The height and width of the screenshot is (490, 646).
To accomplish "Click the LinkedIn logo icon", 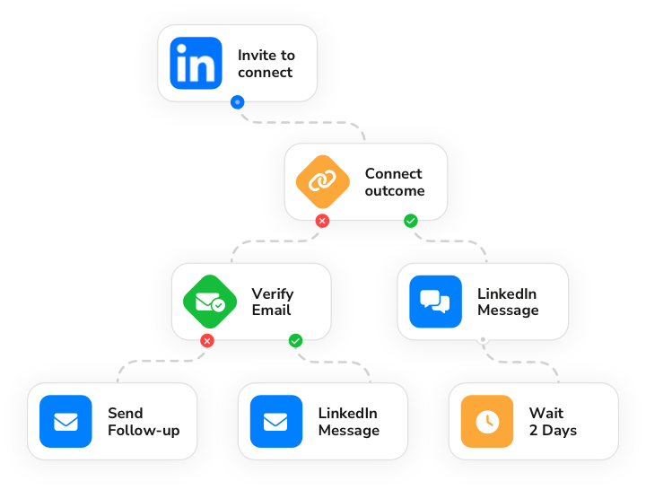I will [196, 63].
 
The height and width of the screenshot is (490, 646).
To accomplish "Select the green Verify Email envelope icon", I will [209, 301].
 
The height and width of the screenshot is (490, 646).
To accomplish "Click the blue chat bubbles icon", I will [435, 301].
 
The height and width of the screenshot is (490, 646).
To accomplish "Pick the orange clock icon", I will [486, 421].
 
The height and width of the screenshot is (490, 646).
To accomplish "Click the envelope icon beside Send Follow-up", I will [66, 421].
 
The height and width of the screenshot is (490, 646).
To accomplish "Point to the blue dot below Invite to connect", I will [237, 102].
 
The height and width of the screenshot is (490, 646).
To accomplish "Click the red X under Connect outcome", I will [322, 221].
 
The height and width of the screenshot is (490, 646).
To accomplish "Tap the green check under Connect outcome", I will [410, 221].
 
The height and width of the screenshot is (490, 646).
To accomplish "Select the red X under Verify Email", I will [207, 341].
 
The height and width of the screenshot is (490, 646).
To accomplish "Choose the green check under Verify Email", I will [295, 341].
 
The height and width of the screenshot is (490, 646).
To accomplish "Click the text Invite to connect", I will [266, 64].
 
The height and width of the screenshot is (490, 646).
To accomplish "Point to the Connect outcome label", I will [395, 182].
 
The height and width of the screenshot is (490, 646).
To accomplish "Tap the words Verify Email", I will [272, 302].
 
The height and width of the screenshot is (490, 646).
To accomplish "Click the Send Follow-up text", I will [144, 422].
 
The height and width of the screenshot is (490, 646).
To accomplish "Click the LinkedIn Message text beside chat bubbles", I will [508, 302].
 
